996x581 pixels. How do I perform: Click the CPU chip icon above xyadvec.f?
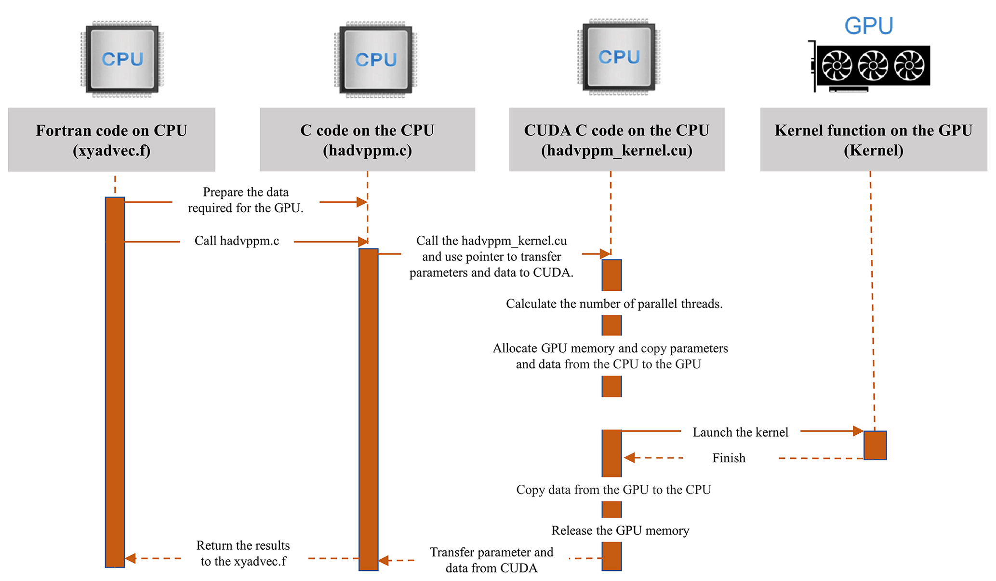122,59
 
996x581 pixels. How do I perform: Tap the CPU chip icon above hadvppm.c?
376,59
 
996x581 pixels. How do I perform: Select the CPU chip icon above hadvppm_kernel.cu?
619,57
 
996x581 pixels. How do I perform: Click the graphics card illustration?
870,66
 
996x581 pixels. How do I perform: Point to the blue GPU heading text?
869,26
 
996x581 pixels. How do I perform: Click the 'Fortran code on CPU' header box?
111,140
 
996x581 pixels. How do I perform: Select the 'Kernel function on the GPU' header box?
873,140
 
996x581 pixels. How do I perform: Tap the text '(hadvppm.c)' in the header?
367,151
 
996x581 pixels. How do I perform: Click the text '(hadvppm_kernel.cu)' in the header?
616,151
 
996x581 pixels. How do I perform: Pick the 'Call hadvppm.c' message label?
237,241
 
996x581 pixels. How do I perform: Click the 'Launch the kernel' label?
740,432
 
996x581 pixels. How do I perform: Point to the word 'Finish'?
729,458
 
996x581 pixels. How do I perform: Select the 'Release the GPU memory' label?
620,530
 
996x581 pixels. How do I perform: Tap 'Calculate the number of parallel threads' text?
614,304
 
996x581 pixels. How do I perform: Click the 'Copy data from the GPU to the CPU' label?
613,490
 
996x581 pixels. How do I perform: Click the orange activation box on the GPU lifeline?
875,445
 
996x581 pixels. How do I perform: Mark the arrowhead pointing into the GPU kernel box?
858,431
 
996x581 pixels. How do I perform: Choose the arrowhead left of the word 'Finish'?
629,458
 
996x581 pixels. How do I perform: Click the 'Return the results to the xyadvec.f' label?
243,553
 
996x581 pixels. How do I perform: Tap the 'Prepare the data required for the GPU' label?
246,200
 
